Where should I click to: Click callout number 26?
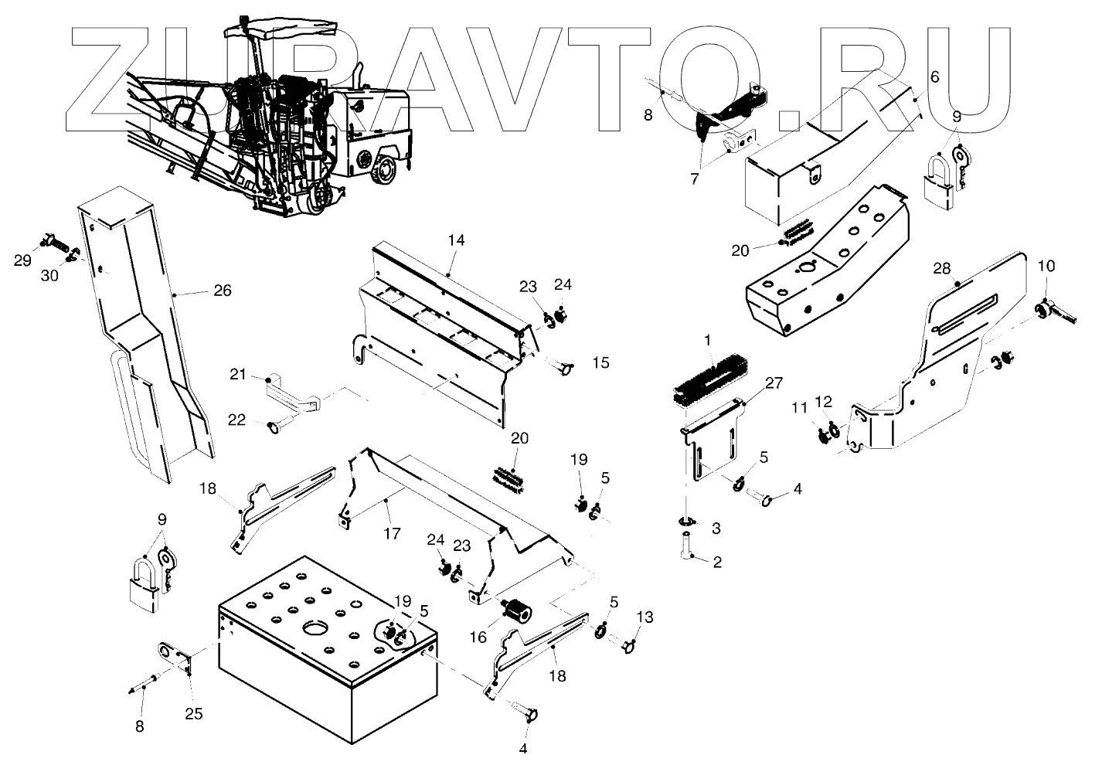click(223, 291)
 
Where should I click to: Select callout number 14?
click(456, 240)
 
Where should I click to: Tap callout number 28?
click(941, 268)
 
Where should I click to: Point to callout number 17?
click(392, 532)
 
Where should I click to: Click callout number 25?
click(193, 714)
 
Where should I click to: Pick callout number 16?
click(478, 637)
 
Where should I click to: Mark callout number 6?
click(934, 76)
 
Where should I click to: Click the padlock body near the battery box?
click(144, 597)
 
